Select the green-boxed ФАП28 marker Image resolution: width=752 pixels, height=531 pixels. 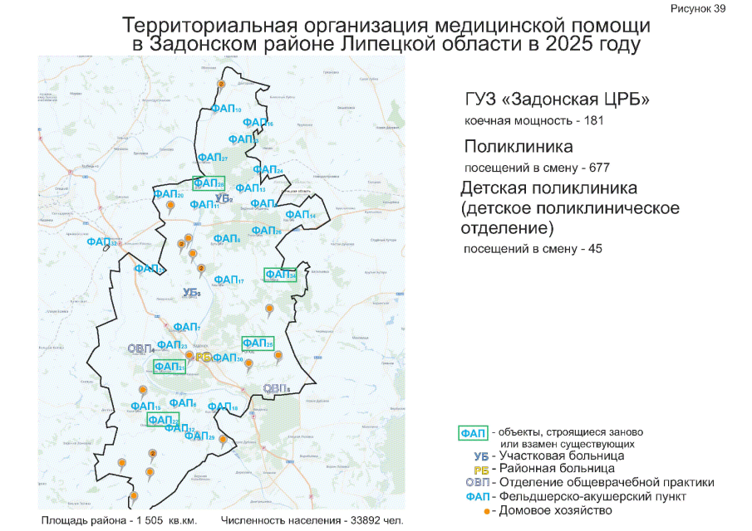[209, 183]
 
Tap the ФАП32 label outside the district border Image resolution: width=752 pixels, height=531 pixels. [101, 241]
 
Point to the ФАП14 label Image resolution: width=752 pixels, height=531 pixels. [300, 215]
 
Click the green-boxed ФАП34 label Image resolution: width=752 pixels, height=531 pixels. [280, 275]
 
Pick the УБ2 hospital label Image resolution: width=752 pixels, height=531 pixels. [223, 197]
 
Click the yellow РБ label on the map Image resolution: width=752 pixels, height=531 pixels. [202, 357]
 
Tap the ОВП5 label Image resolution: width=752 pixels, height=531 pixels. [276, 388]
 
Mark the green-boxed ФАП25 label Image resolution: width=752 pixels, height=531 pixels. [258, 343]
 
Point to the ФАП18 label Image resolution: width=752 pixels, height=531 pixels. [223, 407]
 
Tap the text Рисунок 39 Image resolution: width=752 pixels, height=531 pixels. [698, 7]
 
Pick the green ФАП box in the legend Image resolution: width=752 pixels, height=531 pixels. [474, 433]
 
